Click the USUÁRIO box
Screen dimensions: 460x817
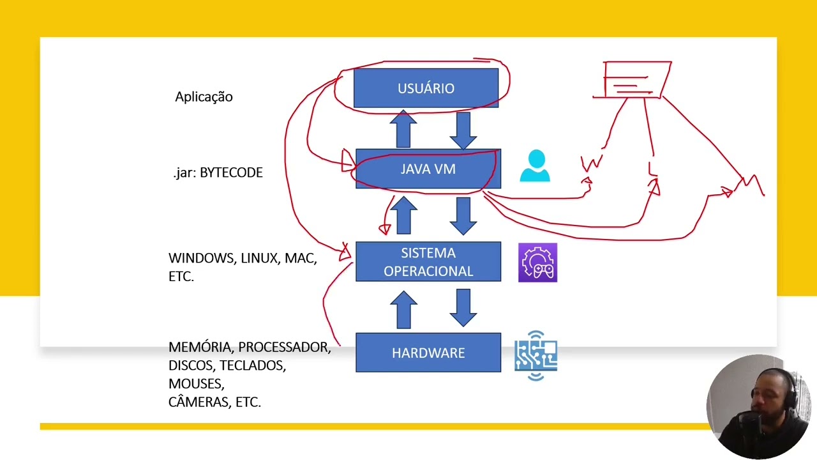426,88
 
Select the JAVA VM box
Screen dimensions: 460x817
428,169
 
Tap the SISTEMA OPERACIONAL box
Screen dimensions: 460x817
428,262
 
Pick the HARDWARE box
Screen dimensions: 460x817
428,353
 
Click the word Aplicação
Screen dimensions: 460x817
204,97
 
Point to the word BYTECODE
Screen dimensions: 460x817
231,173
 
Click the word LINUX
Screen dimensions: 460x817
259,258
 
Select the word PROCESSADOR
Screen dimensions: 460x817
284,347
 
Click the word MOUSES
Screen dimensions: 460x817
196,384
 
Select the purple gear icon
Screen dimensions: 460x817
537,263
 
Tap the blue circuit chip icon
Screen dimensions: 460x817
536,355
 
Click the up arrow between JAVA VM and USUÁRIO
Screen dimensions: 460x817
403,129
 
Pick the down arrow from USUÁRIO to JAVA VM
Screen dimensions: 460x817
463,130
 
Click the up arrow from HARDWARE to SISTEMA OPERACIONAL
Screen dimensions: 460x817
403,310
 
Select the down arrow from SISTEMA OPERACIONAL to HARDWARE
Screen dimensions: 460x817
463,307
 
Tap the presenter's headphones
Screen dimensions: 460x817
791,390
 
